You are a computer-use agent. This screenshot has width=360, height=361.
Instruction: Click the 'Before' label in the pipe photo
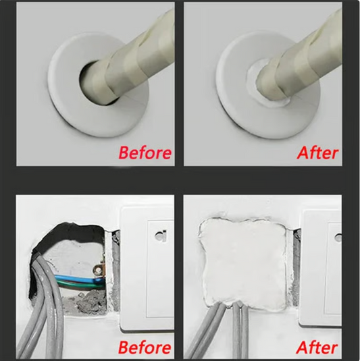coord(145,152)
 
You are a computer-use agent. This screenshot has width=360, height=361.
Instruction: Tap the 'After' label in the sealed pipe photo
coord(317,152)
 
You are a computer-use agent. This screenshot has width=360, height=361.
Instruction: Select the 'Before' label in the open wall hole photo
coord(145,348)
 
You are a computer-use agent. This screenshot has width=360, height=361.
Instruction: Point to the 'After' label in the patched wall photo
coord(317,348)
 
